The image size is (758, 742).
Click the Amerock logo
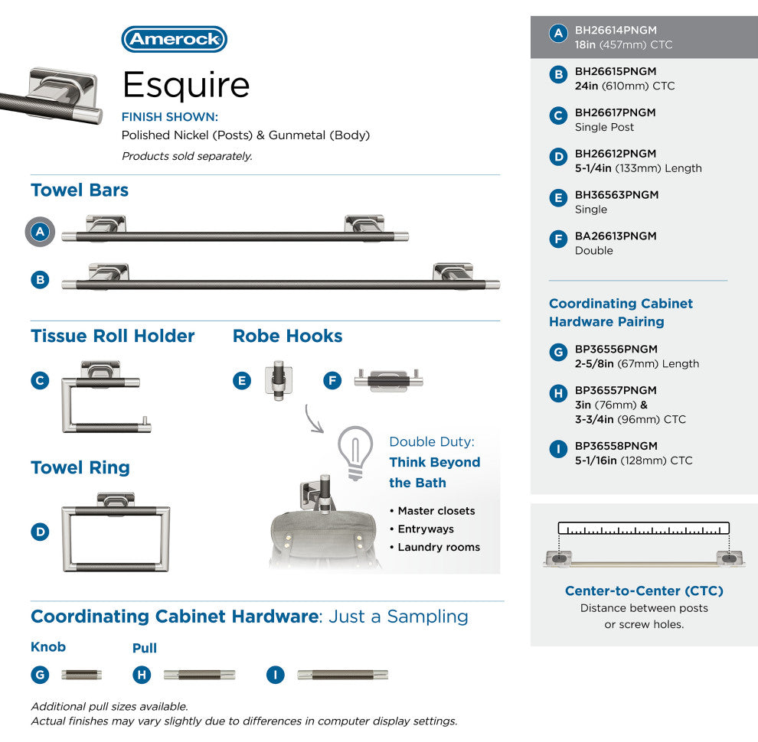174,39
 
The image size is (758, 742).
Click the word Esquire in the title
186,85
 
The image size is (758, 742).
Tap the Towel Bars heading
80,190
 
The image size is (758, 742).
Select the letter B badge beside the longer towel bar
40,280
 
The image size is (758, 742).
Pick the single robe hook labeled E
279,379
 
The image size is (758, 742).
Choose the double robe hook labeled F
389,379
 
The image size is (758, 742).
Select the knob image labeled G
82,675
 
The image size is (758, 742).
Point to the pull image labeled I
343,675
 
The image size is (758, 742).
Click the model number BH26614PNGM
616,30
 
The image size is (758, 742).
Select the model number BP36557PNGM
616,390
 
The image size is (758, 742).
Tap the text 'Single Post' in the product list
604,127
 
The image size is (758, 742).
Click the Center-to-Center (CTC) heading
644,591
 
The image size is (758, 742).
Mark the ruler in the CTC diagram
643,528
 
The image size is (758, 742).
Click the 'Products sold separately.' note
187,156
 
